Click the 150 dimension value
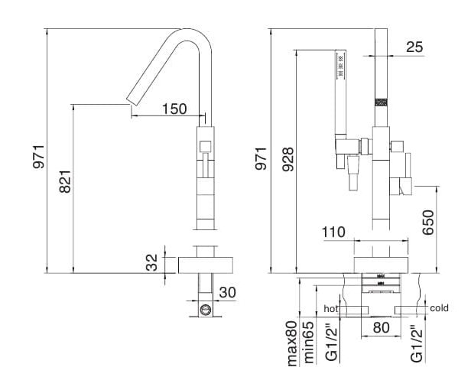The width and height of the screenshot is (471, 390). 174,109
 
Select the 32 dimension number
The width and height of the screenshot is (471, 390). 152,264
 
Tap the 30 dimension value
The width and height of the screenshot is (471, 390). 227,292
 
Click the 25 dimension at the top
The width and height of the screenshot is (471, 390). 414,47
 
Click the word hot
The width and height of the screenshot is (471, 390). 330,308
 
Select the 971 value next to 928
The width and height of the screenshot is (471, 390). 261,157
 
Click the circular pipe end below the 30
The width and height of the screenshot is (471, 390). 206,310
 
